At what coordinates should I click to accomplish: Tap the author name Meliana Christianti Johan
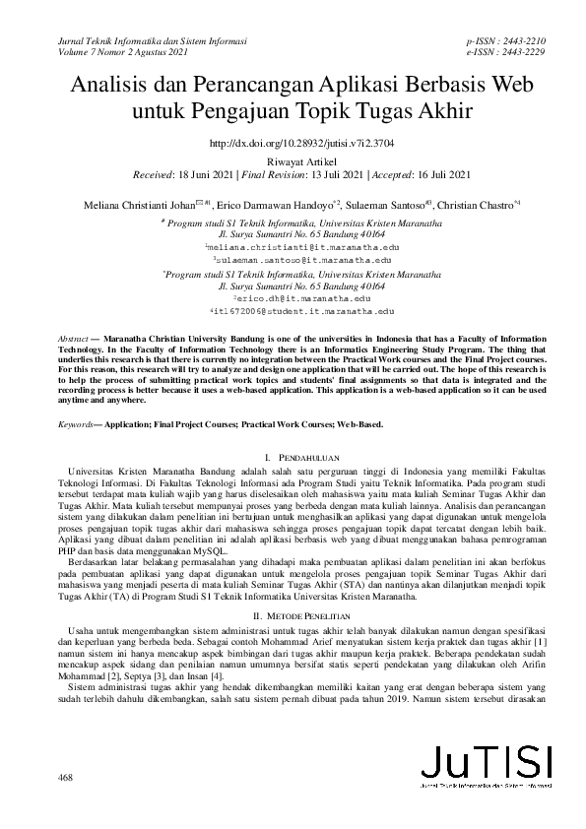[x=139, y=205]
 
